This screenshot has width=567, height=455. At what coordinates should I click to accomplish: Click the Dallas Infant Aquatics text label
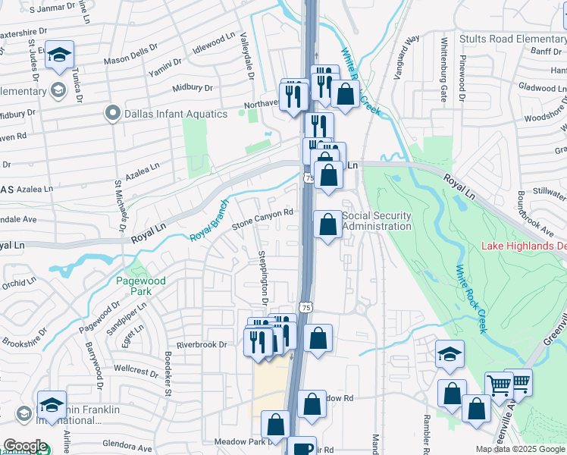(176, 114)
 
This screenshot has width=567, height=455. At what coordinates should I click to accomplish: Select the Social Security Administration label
(377, 221)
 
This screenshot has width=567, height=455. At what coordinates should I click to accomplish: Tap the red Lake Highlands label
(524, 246)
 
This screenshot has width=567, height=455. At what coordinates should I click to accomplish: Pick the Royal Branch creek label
(210, 226)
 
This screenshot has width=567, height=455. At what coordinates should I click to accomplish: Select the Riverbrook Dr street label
(202, 344)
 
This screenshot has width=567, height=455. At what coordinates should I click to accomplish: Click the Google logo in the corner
(24, 447)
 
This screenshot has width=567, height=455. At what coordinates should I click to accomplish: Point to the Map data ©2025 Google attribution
(520, 449)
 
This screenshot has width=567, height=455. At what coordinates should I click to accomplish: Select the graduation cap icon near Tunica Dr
(59, 55)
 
